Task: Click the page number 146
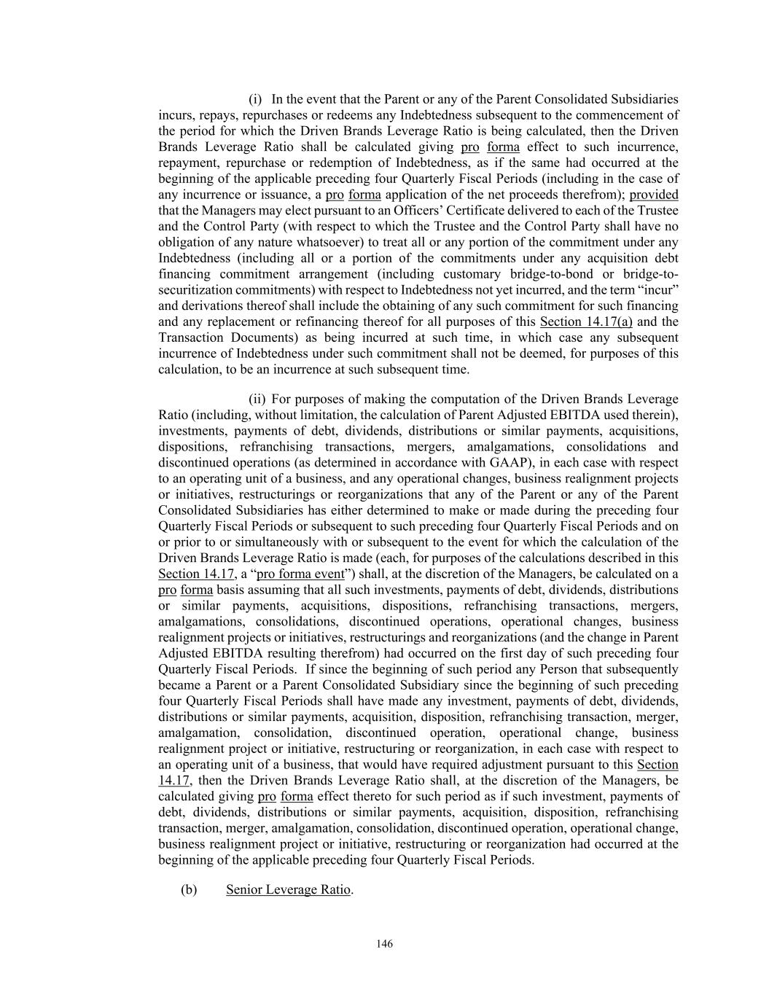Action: click(x=384, y=944)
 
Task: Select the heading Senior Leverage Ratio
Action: click(x=289, y=889)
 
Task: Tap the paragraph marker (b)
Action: click(x=189, y=889)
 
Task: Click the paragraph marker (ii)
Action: click(x=257, y=399)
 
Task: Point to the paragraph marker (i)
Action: click(x=255, y=99)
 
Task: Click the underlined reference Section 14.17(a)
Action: click(x=586, y=321)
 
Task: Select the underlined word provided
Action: click(x=654, y=195)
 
